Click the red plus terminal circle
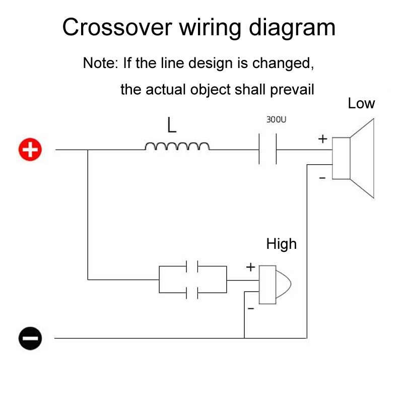[31, 150]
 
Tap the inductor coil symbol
[177, 147]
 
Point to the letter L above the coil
[172, 125]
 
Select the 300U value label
[276, 120]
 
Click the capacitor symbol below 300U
[267, 149]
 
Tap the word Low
[361, 104]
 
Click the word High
[281, 244]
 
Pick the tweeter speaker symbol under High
[274, 285]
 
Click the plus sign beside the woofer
[322, 139]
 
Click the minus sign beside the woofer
[322, 178]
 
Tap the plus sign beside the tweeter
[250, 267]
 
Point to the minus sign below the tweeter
[250, 307]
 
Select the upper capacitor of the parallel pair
[192, 266]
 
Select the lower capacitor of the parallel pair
[192, 292]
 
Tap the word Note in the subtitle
[99, 64]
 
